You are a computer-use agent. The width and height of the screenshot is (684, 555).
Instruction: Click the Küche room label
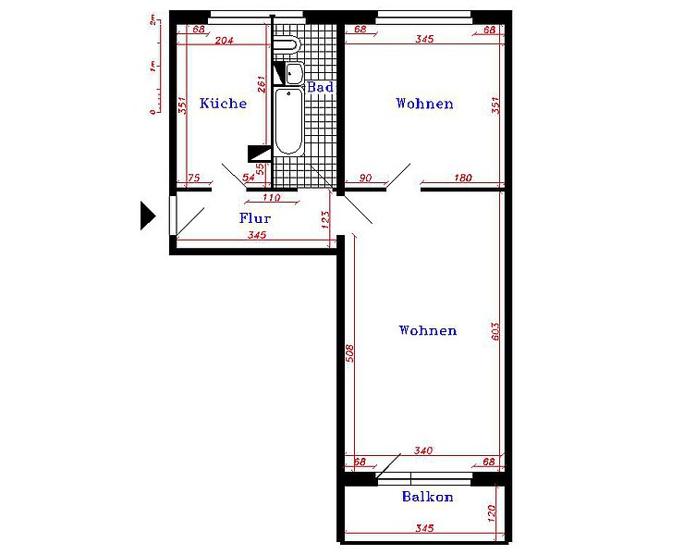coord(223,103)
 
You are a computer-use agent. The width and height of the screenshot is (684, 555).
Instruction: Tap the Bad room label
coord(320,87)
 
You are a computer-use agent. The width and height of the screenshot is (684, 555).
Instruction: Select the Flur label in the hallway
coord(255,218)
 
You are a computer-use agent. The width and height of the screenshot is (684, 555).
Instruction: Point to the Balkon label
coord(427,497)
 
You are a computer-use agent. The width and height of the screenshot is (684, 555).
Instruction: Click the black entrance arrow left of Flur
coord(148,216)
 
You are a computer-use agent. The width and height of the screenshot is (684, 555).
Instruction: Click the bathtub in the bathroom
coord(288,121)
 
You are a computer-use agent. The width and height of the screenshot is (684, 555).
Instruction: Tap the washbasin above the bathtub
coord(295,73)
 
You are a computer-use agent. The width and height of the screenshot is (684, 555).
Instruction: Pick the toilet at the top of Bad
coord(287,44)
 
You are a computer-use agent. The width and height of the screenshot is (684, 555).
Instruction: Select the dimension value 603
coord(495,331)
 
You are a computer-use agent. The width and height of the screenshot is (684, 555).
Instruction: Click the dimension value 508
coord(349,353)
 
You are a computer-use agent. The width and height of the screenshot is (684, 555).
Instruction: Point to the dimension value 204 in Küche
coord(225,41)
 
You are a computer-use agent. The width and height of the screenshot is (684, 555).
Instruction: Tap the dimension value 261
coord(262,85)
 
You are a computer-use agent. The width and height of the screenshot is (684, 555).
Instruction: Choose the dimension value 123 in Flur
coord(325,220)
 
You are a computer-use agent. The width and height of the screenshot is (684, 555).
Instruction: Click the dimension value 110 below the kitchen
coord(271,197)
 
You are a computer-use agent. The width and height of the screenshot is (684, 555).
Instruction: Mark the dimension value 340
coord(423,450)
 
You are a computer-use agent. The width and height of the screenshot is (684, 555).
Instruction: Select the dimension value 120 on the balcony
coord(491,513)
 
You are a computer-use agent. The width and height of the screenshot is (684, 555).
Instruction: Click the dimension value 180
coord(463,178)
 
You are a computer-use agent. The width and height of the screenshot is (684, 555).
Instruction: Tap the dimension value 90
coord(365,178)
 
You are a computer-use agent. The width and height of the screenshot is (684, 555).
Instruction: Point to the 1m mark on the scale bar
coord(153,67)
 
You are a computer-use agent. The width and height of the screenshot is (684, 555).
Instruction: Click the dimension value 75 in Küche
coord(194,178)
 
